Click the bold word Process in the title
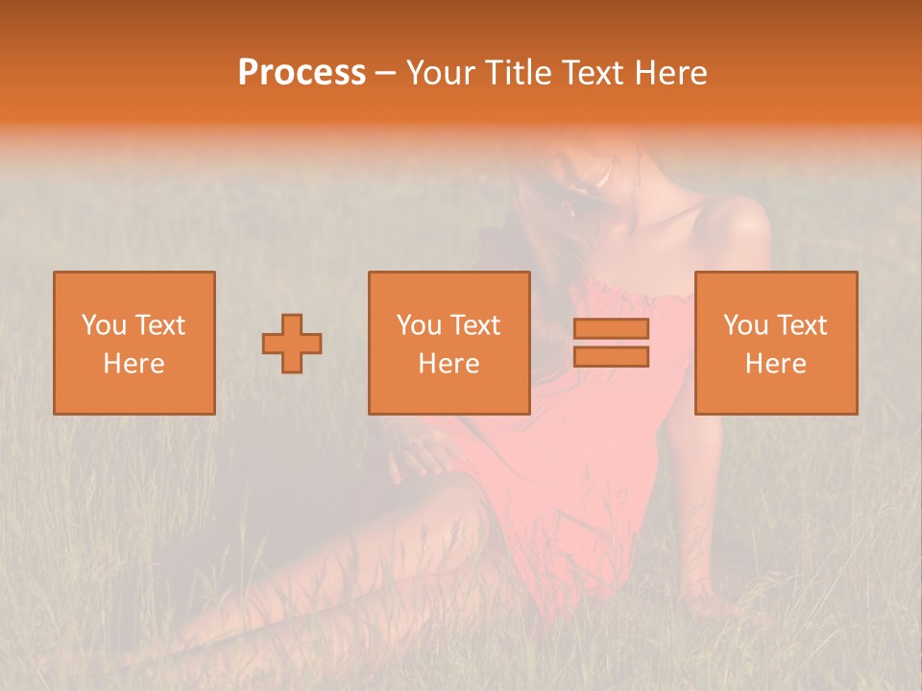(302, 73)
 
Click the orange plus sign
(292, 344)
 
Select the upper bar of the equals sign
(611, 328)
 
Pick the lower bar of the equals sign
(611, 357)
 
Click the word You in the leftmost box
(104, 325)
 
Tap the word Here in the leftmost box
(133, 364)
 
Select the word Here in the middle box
(449, 364)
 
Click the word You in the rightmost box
(746, 325)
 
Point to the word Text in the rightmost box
(800, 325)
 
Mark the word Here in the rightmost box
(775, 364)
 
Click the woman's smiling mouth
(602, 177)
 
